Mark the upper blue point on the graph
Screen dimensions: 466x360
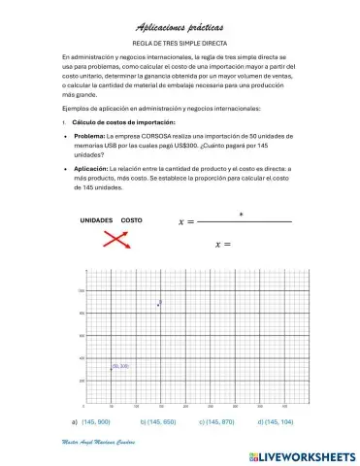point(159,304)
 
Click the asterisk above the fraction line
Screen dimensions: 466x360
point(241,214)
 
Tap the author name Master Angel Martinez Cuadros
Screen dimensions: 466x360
point(97,442)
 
